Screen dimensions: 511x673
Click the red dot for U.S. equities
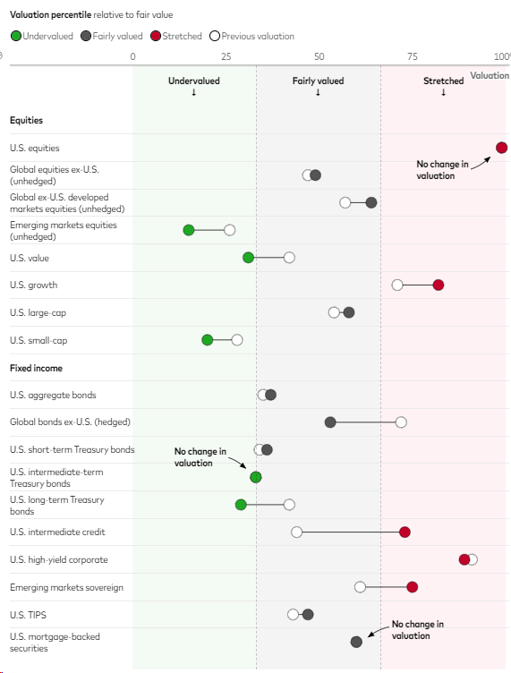click(x=501, y=148)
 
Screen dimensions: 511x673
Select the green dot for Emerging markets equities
click(x=188, y=230)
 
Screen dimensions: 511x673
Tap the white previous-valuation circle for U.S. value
click(x=289, y=258)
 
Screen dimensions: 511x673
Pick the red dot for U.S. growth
click(x=438, y=285)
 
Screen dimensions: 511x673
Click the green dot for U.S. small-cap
click(x=208, y=340)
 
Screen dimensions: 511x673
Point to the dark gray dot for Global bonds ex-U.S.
click(x=330, y=422)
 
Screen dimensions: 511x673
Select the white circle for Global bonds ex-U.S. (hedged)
click(x=401, y=422)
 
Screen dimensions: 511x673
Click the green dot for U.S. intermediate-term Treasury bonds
click(x=256, y=477)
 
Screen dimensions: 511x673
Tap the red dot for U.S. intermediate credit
click(x=405, y=532)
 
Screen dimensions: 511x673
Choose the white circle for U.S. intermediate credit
click(x=296, y=532)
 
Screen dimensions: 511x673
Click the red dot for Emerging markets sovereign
click(x=412, y=587)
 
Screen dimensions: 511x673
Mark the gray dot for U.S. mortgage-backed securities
click(x=356, y=642)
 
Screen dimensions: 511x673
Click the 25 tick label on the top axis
click(x=226, y=56)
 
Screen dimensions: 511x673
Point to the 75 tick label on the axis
click(x=413, y=56)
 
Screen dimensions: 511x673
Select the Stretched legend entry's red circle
click(x=156, y=36)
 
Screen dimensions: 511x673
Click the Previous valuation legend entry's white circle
click(x=215, y=36)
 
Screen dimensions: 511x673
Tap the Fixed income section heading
click(x=36, y=368)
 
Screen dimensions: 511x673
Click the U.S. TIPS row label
click(x=28, y=615)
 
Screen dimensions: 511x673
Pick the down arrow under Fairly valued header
click(x=318, y=92)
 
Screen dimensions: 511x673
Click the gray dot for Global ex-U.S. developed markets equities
click(x=371, y=202)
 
